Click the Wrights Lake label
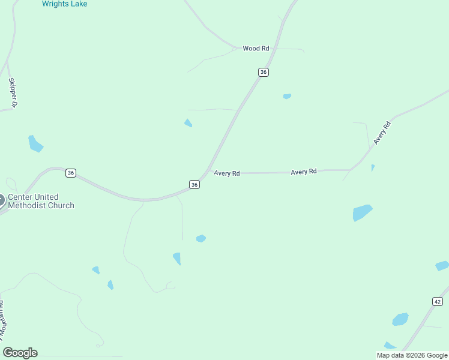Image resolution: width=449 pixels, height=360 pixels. (x=64, y=4)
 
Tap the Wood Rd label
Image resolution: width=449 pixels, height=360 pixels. (x=256, y=49)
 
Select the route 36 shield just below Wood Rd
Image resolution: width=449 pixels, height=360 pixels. (x=264, y=72)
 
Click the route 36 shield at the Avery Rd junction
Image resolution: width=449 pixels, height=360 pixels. (x=194, y=185)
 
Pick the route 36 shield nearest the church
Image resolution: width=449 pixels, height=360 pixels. (x=71, y=173)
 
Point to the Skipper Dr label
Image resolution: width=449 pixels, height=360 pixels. (x=12, y=93)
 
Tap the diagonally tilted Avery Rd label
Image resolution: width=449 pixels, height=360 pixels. (x=382, y=133)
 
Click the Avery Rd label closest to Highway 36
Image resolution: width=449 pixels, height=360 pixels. (x=227, y=173)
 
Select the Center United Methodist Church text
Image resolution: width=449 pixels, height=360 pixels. (x=41, y=201)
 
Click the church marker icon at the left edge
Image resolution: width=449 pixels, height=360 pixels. (x=1, y=201)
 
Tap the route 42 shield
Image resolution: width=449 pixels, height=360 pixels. (x=437, y=301)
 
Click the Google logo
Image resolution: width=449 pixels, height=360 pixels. (x=20, y=353)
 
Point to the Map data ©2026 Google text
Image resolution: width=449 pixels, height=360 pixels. (x=412, y=355)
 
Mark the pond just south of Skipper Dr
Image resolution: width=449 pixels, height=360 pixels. (x=35, y=144)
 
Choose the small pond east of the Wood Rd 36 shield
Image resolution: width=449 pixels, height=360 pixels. (x=287, y=96)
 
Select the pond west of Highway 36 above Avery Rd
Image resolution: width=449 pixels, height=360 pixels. (x=188, y=123)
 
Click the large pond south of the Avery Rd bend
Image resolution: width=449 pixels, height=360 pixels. (x=362, y=212)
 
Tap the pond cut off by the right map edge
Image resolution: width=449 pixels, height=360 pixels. (x=442, y=266)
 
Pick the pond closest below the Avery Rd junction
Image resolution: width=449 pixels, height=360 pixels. (x=201, y=238)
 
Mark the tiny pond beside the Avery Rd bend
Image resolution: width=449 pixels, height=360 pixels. (x=373, y=168)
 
